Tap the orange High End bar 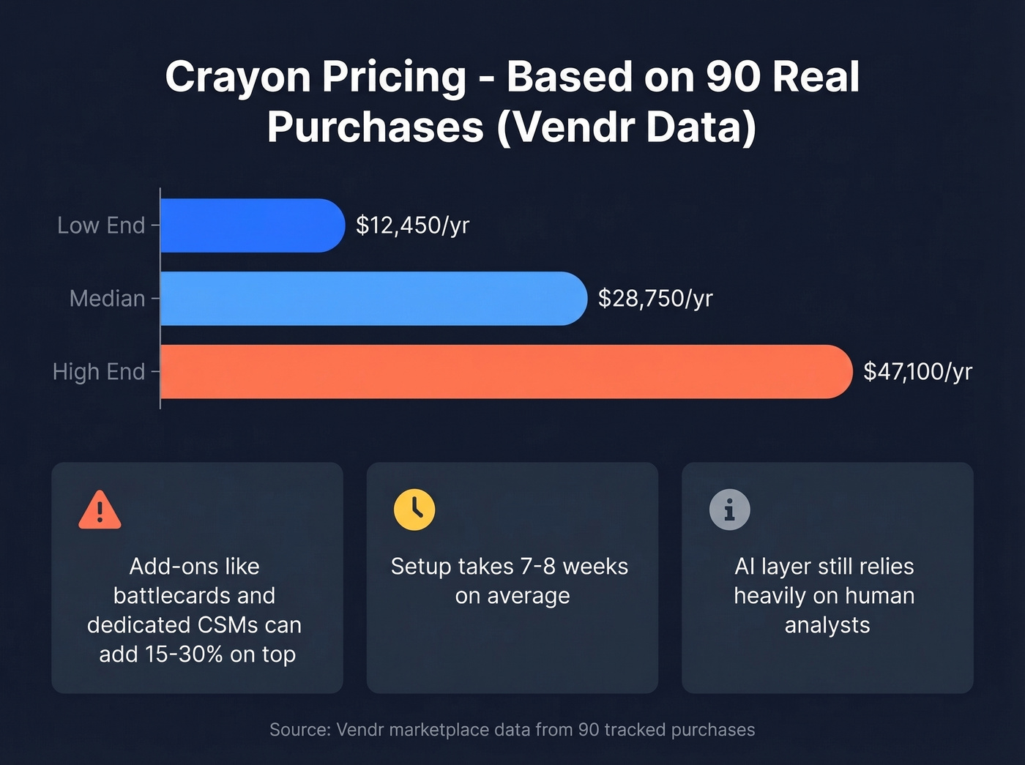point(505,372)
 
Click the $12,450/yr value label point(412,225)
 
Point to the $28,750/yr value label point(655,299)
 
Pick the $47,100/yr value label point(917,372)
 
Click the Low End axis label point(101,225)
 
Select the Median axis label point(107,299)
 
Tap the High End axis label point(99,372)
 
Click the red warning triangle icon point(100,510)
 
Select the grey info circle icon point(729,510)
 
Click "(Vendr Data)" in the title point(626,127)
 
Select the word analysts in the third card point(827,625)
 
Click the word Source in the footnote point(300,730)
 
